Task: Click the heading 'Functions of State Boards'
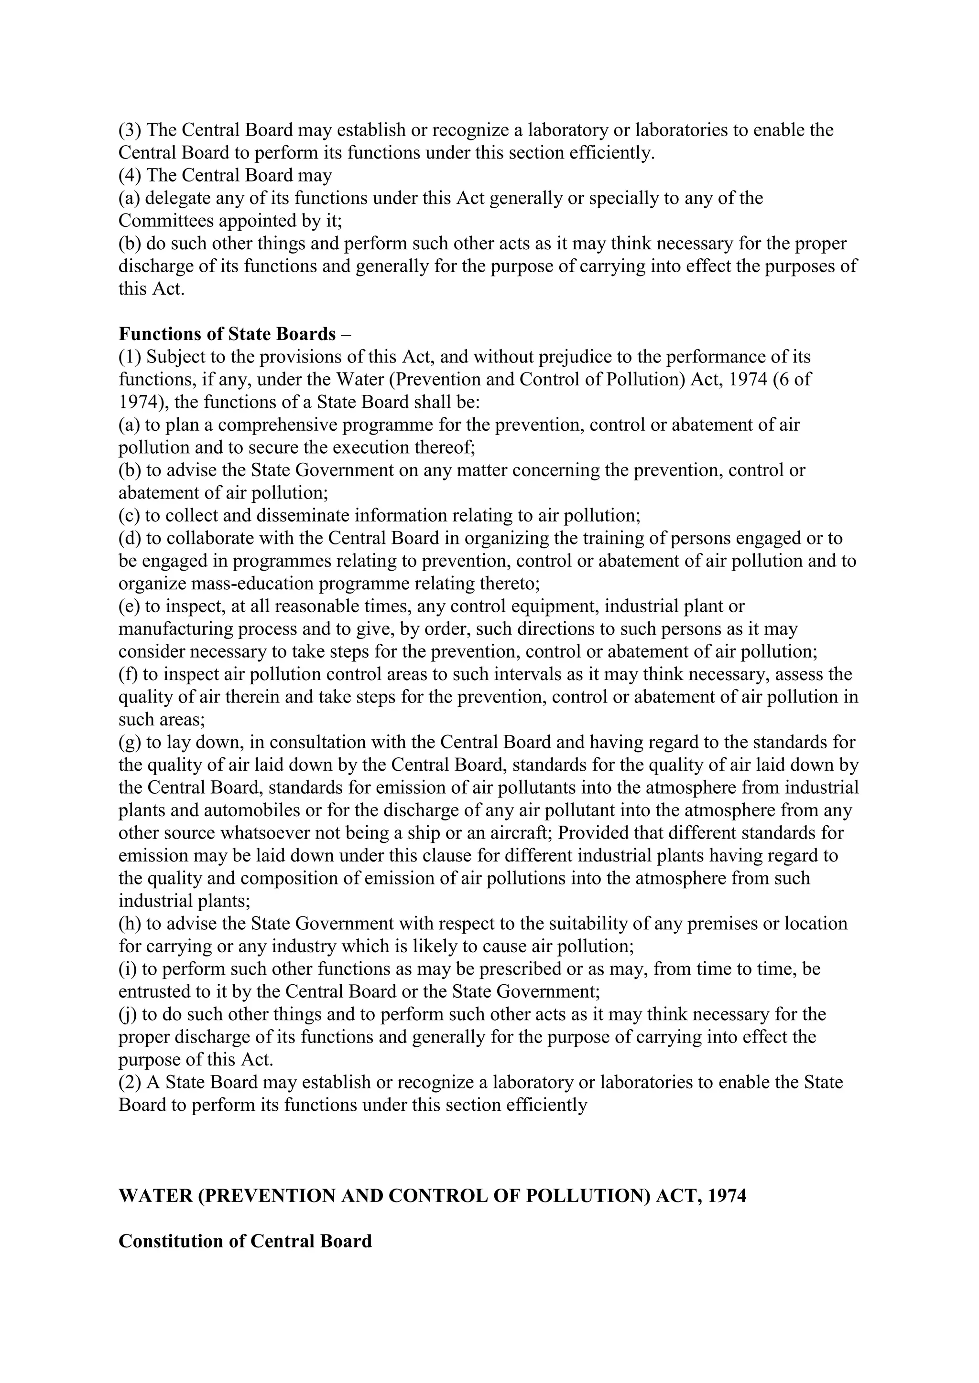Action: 227,334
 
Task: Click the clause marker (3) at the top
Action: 130,130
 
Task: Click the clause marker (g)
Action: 130,742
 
